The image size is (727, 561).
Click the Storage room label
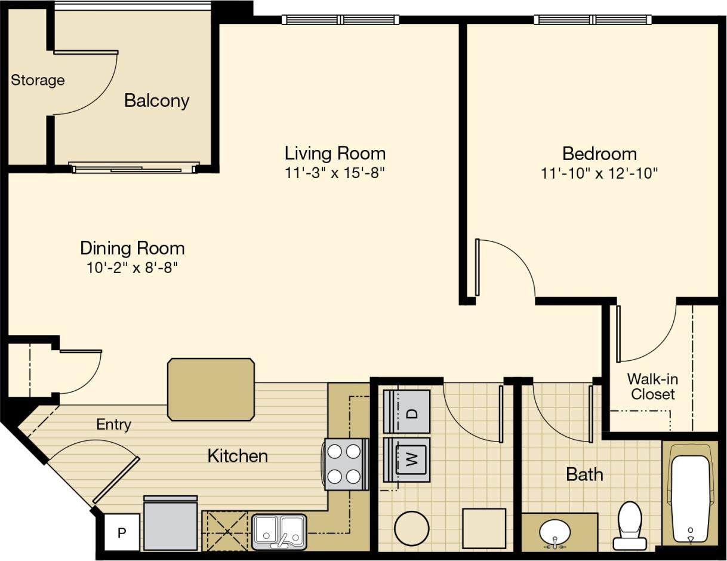(x=38, y=80)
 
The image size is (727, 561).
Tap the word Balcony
(x=156, y=100)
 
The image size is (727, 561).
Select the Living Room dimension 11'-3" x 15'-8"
(x=335, y=173)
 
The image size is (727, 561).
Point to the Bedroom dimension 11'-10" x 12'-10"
(x=599, y=173)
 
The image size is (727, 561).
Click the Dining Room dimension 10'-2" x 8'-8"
(x=133, y=268)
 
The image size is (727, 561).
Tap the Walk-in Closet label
(x=652, y=387)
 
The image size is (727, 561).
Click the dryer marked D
(x=407, y=412)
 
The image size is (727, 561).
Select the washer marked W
(x=407, y=459)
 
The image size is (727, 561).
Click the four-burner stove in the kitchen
(x=344, y=464)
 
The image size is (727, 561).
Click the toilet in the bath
(x=630, y=525)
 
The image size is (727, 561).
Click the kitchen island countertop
(x=211, y=390)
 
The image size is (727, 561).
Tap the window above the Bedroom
(x=593, y=20)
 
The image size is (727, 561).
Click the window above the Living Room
(x=340, y=20)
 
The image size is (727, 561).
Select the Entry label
(x=113, y=425)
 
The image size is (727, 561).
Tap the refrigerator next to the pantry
(x=171, y=523)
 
